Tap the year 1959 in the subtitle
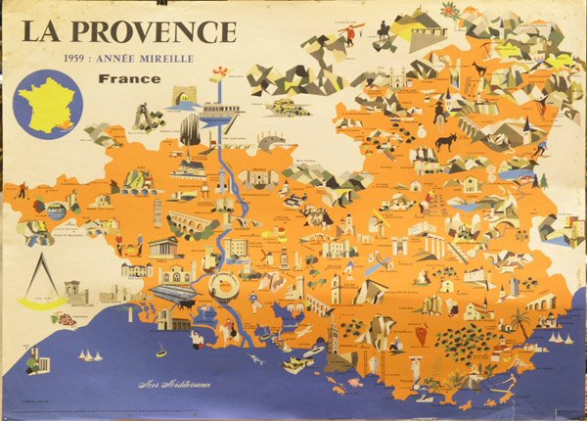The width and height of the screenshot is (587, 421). [x=78, y=59]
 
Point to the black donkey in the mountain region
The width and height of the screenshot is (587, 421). [x=449, y=143]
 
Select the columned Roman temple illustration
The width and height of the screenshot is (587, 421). [x=162, y=246]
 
